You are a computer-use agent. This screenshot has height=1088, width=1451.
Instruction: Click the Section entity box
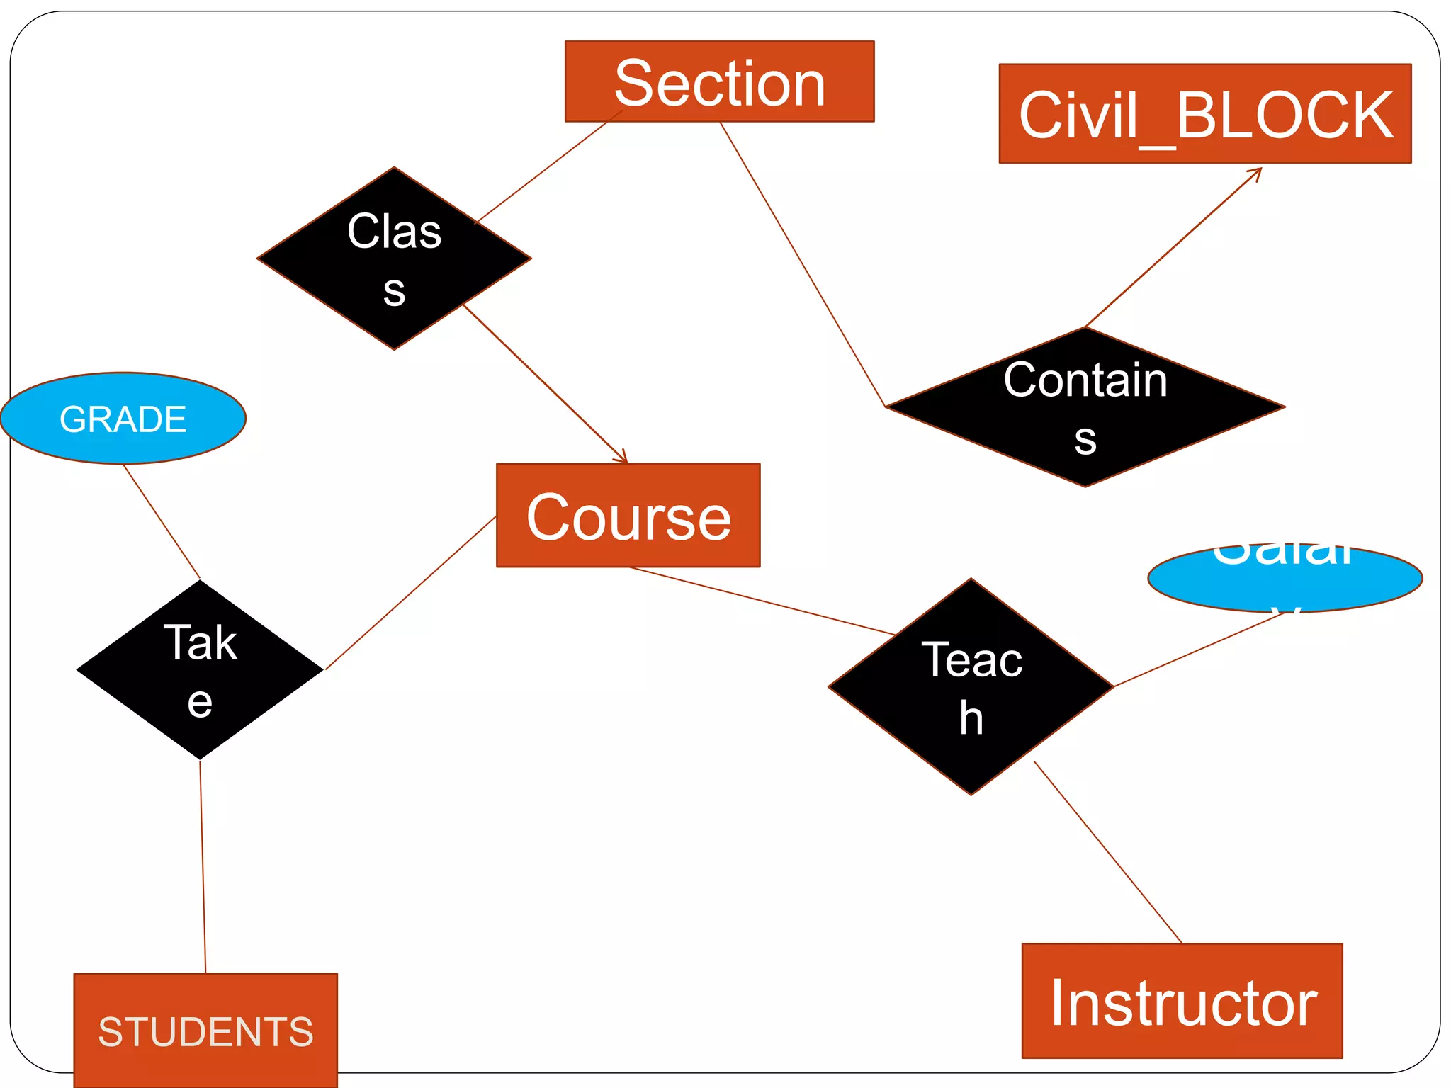pyautogui.click(x=719, y=81)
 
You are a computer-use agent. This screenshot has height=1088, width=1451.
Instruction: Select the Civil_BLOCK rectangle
pyautogui.click(x=1204, y=113)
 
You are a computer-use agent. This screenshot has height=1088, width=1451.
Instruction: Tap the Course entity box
pyautogui.click(x=628, y=515)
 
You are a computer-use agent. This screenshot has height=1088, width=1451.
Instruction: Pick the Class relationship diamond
pyautogui.click(x=394, y=259)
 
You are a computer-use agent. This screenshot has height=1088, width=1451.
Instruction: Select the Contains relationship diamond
pyautogui.click(x=1085, y=407)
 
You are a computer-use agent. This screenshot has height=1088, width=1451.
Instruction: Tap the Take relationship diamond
pyautogui.click(x=200, y=669)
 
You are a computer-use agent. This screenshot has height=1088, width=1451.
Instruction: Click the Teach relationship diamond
pyautogui.click(x=971, y=687)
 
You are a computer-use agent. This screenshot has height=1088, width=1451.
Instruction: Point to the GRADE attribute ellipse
pyautogui.click(x=123, y=418)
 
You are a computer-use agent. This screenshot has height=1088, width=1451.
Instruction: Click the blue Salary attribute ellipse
pyautogui.click(x=1285, y=577)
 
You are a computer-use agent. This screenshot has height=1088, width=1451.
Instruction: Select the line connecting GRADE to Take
pyautogui.click(x=162, y=521)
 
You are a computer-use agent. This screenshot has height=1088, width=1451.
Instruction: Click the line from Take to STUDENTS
pyautogui.click(x=203, y=866)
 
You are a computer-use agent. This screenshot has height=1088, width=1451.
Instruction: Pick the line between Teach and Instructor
pyautogui.click(x=1107, y=851)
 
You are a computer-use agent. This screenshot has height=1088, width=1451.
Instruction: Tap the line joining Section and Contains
pyautogui.click(x=802, y=263)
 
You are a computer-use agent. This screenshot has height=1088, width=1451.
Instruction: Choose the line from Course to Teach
pyautogui.click(x=762, y=601)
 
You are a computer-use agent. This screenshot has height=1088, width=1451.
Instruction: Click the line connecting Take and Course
pyautogui.click(x=410, y=592)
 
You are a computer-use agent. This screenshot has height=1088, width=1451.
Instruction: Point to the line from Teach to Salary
pyautogui.click(x=1199, y=649)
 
